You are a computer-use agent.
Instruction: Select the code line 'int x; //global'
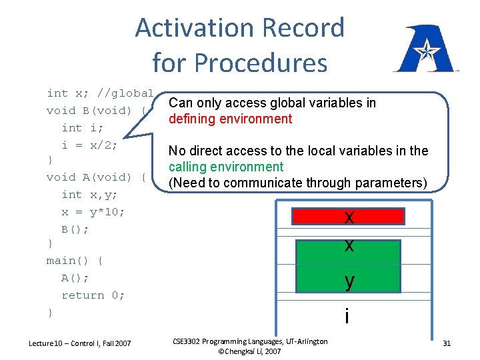click(x=100, y=93)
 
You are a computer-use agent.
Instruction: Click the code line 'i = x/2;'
click(x=89, y=145)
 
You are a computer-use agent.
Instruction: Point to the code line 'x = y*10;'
click(x=93, y=211)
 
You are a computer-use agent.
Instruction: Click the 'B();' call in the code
click(x=75, y=229)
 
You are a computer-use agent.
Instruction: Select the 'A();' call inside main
click(x=75, y=278)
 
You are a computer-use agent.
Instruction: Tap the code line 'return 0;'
click(x=93, y=295)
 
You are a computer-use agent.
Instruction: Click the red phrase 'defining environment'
click(x=230, y=119)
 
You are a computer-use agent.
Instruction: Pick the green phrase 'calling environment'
click(x=226, y=167)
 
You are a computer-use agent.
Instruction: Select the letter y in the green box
click(x=349, y=282)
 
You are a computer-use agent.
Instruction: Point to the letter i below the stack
click(x=347, y=316)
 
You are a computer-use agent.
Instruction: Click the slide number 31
click(x=447, y=343)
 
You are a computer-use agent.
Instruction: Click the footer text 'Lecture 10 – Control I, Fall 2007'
click(x=80, y=343)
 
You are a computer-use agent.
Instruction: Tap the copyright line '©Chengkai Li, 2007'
click(x=250, y=351)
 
